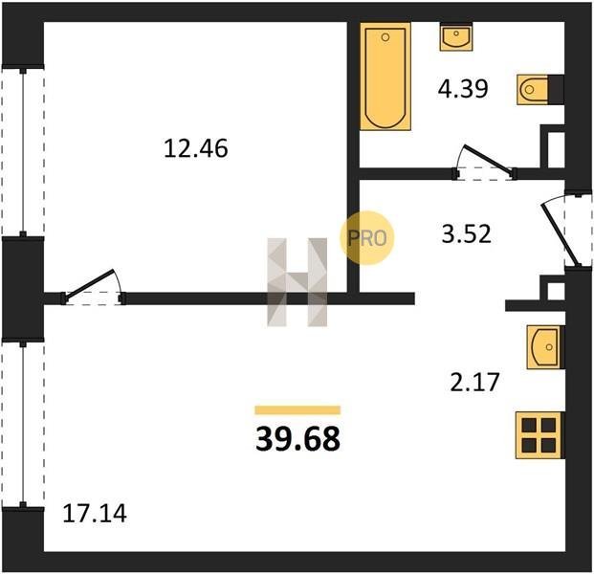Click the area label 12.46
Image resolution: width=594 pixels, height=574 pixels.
click(x=196, y=148)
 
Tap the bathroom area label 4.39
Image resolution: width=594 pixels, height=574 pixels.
click(x=463, y=89)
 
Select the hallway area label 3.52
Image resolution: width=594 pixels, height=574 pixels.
click(x=467, y=233)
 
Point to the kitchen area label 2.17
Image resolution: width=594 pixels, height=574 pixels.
click(x=475, y=382)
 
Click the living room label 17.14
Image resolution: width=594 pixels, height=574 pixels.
click(x=95, y=514)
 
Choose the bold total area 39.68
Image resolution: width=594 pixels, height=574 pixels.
click(x=297, y=439)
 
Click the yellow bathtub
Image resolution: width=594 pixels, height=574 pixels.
click(x=385, y=77)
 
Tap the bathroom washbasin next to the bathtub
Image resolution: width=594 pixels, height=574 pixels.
click(x=456, y=36)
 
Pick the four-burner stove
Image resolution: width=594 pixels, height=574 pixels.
click(x=539, y=435)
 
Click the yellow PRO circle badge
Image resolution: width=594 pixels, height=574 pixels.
click(x=367, y=237)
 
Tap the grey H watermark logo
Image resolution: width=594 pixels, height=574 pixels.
click(x=297, y=282)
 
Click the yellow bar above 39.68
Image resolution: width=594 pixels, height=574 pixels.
click(x=297, y=410)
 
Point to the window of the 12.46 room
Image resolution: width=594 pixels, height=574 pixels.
click(x=23, y=151)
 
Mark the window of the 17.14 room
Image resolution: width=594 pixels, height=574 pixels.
click(x=23, y=424)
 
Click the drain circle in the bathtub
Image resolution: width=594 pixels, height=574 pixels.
click(x=385, y=37)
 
